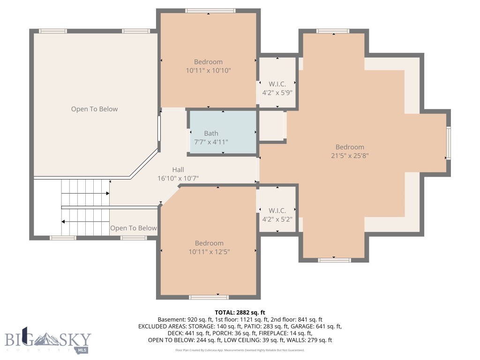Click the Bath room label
click(211, 134)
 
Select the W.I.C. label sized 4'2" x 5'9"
click(277, 84)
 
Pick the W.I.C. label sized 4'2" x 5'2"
click(277, 210)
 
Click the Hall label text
click(178, 170)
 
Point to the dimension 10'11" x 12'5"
click(209, 252)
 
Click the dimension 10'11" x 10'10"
click(208, 70)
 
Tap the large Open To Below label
click(94, 109)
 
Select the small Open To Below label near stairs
click(133, 228)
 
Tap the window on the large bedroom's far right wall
click(448, 143)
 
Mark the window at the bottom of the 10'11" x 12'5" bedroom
click(209, 297)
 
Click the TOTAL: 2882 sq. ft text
click(240, 312)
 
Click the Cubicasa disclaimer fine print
click(240, 350)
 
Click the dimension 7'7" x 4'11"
click(211, 142)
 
